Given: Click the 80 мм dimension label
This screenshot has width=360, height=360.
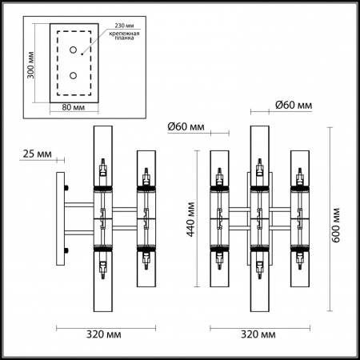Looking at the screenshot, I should pos(72,107).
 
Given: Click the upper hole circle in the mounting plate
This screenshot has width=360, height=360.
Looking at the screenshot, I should pos(73,50).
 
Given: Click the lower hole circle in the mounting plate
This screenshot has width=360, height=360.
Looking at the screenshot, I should pos(73,76).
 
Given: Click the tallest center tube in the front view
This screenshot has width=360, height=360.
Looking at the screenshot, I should pos(260,216).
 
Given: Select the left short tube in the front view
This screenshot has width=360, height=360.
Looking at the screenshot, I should pos(221,216).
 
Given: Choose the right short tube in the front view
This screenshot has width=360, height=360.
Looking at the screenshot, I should pos(300,216).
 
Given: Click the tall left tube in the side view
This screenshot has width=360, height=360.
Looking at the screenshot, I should pos(103,216).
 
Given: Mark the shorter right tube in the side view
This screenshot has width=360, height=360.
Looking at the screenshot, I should pos(146,216).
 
